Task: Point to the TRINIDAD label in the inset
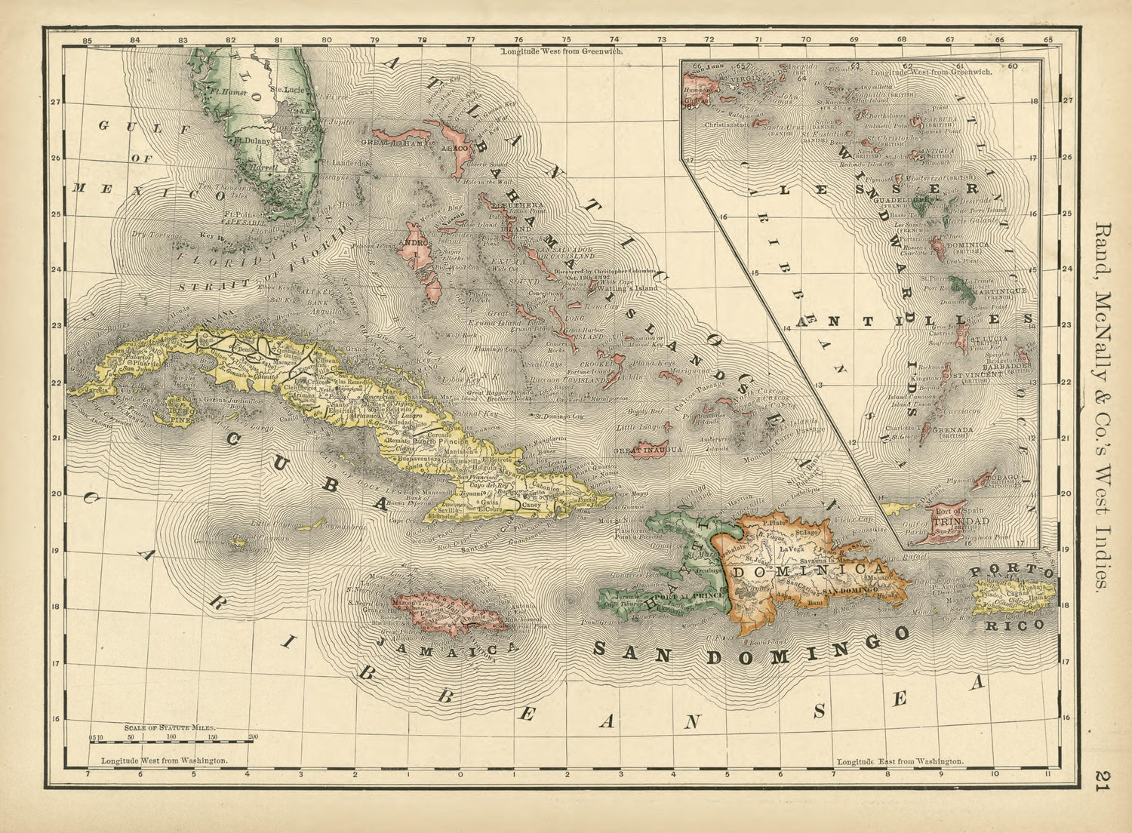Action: point(960,521)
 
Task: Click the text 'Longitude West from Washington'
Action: point(165,761)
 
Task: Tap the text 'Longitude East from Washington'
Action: point(900,761)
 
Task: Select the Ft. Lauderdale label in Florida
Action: point(345,162)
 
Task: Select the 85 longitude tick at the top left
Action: point(88,40)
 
